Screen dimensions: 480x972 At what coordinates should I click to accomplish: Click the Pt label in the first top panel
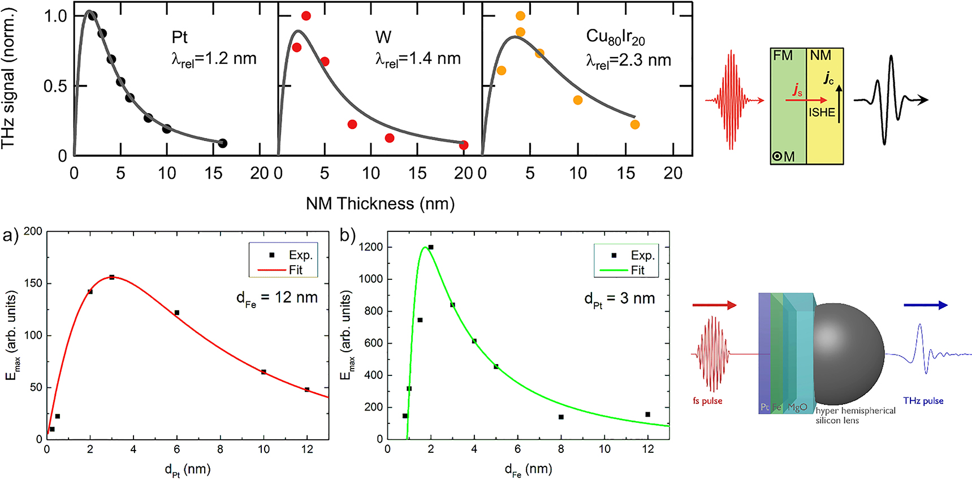(179, 37)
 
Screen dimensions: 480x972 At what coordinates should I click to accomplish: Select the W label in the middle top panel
(383, 37)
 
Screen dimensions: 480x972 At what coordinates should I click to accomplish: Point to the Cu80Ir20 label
(615, 37)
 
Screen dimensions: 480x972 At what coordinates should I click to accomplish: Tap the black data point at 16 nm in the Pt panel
(223, 144)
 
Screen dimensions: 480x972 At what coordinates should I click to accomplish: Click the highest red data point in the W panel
(306, 16)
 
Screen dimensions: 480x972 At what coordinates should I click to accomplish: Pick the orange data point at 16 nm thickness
(635, 124)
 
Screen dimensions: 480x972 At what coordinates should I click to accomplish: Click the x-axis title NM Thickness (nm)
(380, 204)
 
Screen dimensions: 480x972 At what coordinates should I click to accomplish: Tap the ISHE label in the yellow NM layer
(822, 113)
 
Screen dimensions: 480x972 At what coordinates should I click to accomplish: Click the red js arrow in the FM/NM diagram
(806, 100)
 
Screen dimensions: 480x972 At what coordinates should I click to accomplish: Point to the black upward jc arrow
(839, 104)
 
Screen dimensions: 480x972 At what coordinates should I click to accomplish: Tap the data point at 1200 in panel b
(431, 247)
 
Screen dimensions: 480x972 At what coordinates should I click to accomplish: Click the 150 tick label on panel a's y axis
(33, 283)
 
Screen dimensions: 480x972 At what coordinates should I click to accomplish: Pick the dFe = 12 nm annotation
(277, 299)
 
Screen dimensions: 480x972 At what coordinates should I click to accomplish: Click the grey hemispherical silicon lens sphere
(848, 353)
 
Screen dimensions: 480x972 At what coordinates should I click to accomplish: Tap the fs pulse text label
(707, 401)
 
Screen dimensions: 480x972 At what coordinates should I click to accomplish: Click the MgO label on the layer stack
(797, 407)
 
